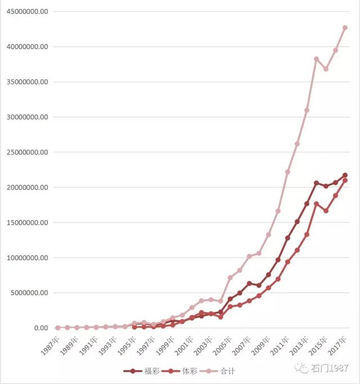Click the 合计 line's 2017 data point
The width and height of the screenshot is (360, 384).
coord(345,27)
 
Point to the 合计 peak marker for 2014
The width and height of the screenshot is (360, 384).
coord(316,59)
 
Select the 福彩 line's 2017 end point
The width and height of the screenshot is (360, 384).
coord(345,175)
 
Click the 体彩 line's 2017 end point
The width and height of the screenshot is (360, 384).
coord(345,180)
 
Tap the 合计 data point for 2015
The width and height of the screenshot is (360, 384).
coord(326,69)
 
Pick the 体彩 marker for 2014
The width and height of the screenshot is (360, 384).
coord(316,204)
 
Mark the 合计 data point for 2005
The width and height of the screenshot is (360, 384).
coord(230,278)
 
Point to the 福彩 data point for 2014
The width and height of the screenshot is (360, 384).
coord(316,183)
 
